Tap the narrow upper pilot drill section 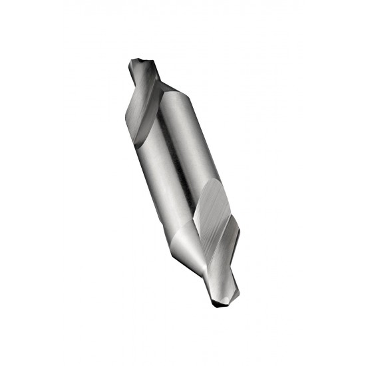pyautogui.click(x=144, y=73)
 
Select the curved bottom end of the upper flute pyautogui.click(x=137, y=143)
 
